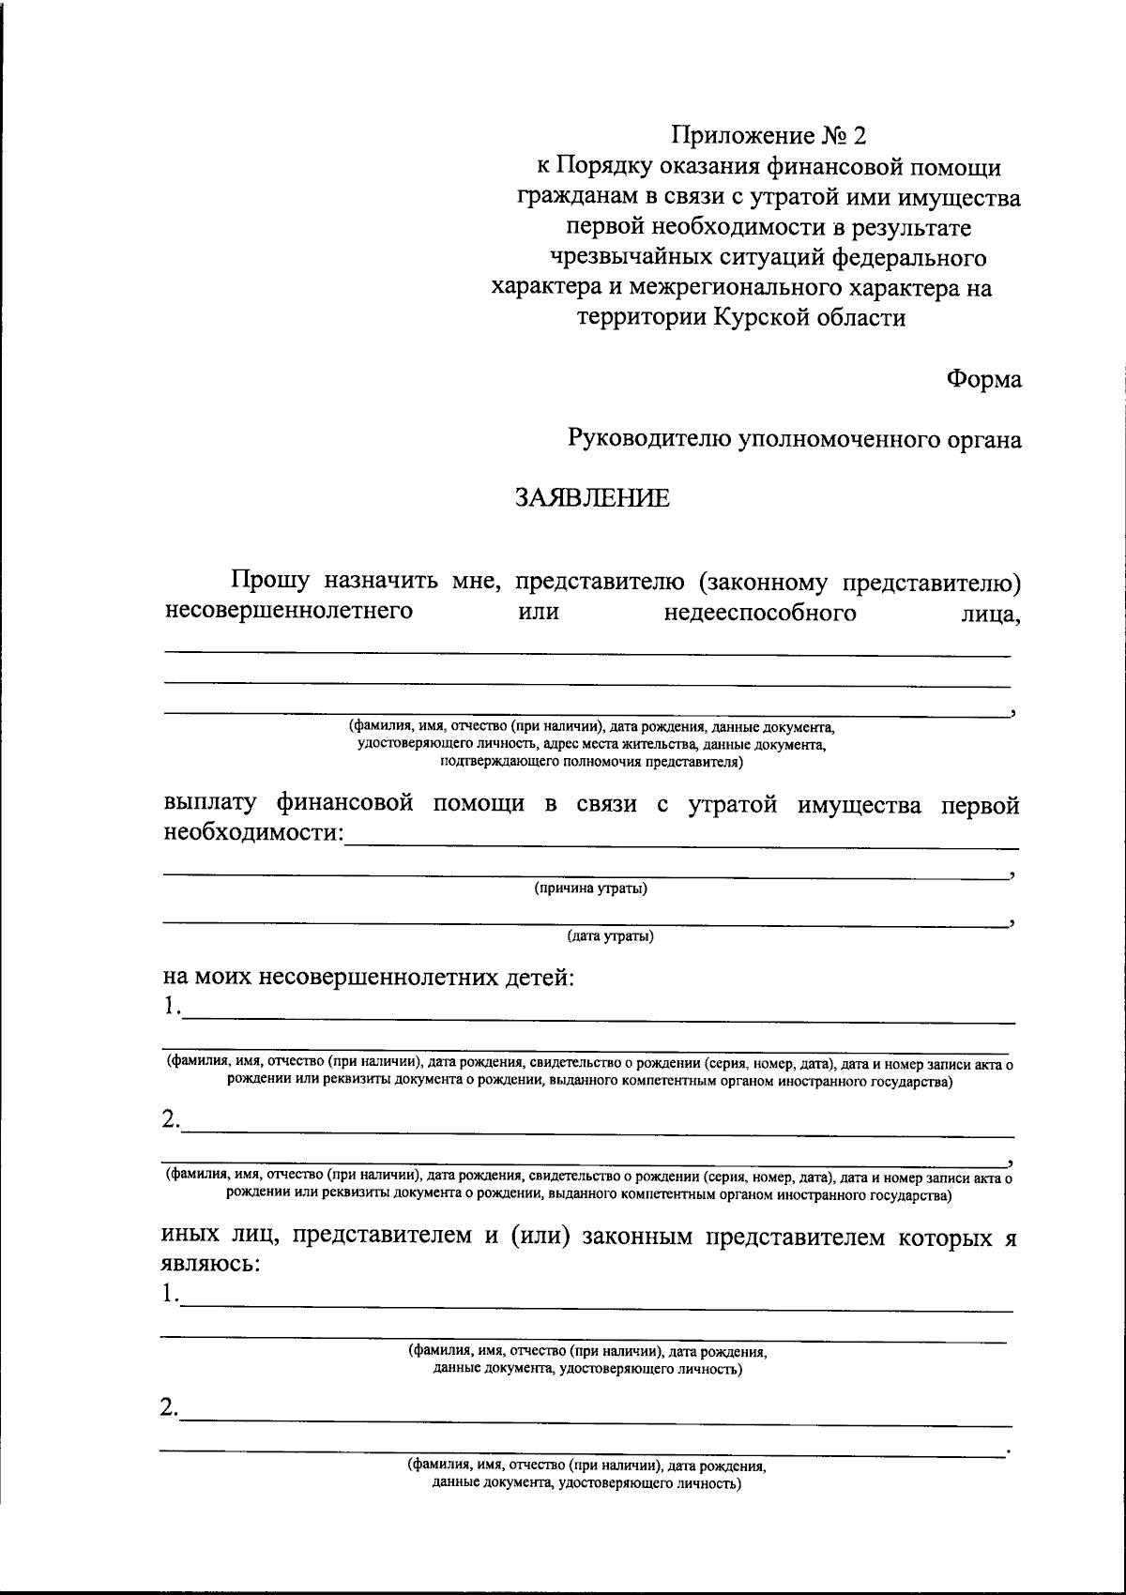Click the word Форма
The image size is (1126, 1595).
coord(983,379)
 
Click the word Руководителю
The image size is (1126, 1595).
coord(648,438)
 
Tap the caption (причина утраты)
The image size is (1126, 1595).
coord(590,889)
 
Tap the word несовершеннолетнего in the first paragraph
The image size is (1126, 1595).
coord(289,613)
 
